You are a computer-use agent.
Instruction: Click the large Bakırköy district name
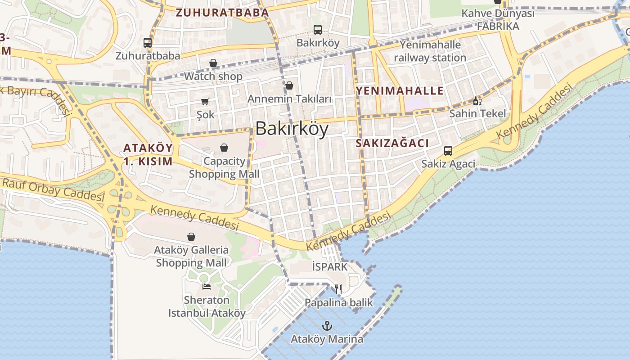point(292,129)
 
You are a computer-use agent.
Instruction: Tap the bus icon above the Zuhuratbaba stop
point(148,43)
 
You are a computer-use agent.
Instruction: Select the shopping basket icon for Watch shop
point(213,63)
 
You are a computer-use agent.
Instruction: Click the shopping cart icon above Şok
point(205,102)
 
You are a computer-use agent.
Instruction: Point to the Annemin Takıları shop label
point(289,99)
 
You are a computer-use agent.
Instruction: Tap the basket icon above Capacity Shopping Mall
point(224,148)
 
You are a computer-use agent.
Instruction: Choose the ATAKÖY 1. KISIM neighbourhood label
point(148,154)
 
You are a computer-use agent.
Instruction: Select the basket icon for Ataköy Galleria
point(191,237)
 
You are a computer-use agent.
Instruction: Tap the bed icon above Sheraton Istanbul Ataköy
point(207,286)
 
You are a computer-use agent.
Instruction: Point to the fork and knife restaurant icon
point(338,289)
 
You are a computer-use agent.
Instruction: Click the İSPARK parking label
point(330,267)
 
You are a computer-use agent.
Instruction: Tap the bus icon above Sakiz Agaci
point(448,150)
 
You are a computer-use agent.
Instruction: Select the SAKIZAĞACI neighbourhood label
point(392,143)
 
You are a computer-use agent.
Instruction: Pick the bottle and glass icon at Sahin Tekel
point(477,101)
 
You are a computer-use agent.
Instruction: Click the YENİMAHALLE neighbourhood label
point(400,90)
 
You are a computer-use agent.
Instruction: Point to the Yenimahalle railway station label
point(430,51)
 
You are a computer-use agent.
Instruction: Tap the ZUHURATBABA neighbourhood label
point(222,13)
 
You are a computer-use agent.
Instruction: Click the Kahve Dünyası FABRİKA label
point(498,20)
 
